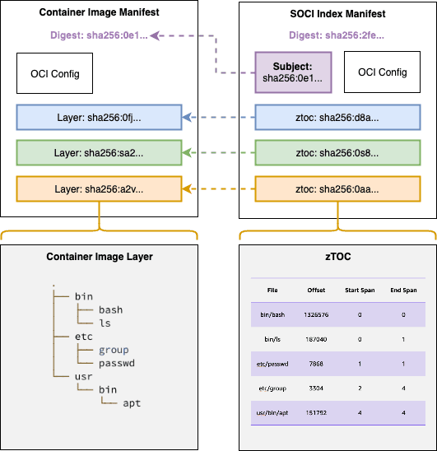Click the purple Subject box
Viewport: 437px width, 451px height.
pyautogui.click(x=293, y=72)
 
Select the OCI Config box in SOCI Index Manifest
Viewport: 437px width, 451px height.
pyautogui.click(x=382, y=72)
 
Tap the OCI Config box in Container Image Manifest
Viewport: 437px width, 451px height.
pyautogui.click(x=54, y=73)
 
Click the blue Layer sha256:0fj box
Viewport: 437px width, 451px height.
pyautogui.click(x=99, y=118)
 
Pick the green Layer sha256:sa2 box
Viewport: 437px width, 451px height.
pyautogui.click(x=99, y=153)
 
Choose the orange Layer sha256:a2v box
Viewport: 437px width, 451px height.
pyautogui.click(x=99, y=189)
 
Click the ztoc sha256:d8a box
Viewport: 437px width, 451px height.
pyautogui.click(x=337, y=118)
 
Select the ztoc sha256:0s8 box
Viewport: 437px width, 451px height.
pyautogui.click(x=337, y=153)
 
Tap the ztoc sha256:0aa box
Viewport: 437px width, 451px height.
pyautogui.click(x=337, y=189)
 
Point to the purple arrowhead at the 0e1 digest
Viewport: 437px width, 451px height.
pyautogui.click(x=154, y=35)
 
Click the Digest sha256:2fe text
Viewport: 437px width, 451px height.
pyautogui.click(x=337, y=35)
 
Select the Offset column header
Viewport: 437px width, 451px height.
pyautogui.click(x=316, y=290)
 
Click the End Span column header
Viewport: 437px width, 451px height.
pyautogui.click(x=403, y=290)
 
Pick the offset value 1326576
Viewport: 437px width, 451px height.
pyautogui.click(x=316, y=314)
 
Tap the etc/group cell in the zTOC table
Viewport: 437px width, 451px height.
pyautogui.click(x=272, y=388)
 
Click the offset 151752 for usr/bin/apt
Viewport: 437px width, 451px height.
pyautogui.click(x=316, y=413)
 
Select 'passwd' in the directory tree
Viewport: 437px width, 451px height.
pyautogui.click(x=117, y=363)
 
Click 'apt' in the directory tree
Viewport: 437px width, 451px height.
pyautogui.click(x=132, y=403)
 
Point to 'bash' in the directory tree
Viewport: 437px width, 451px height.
pyautogui.click(x=111, y=309)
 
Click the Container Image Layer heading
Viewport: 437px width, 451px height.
pyautogui.click(x=100, y=257)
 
